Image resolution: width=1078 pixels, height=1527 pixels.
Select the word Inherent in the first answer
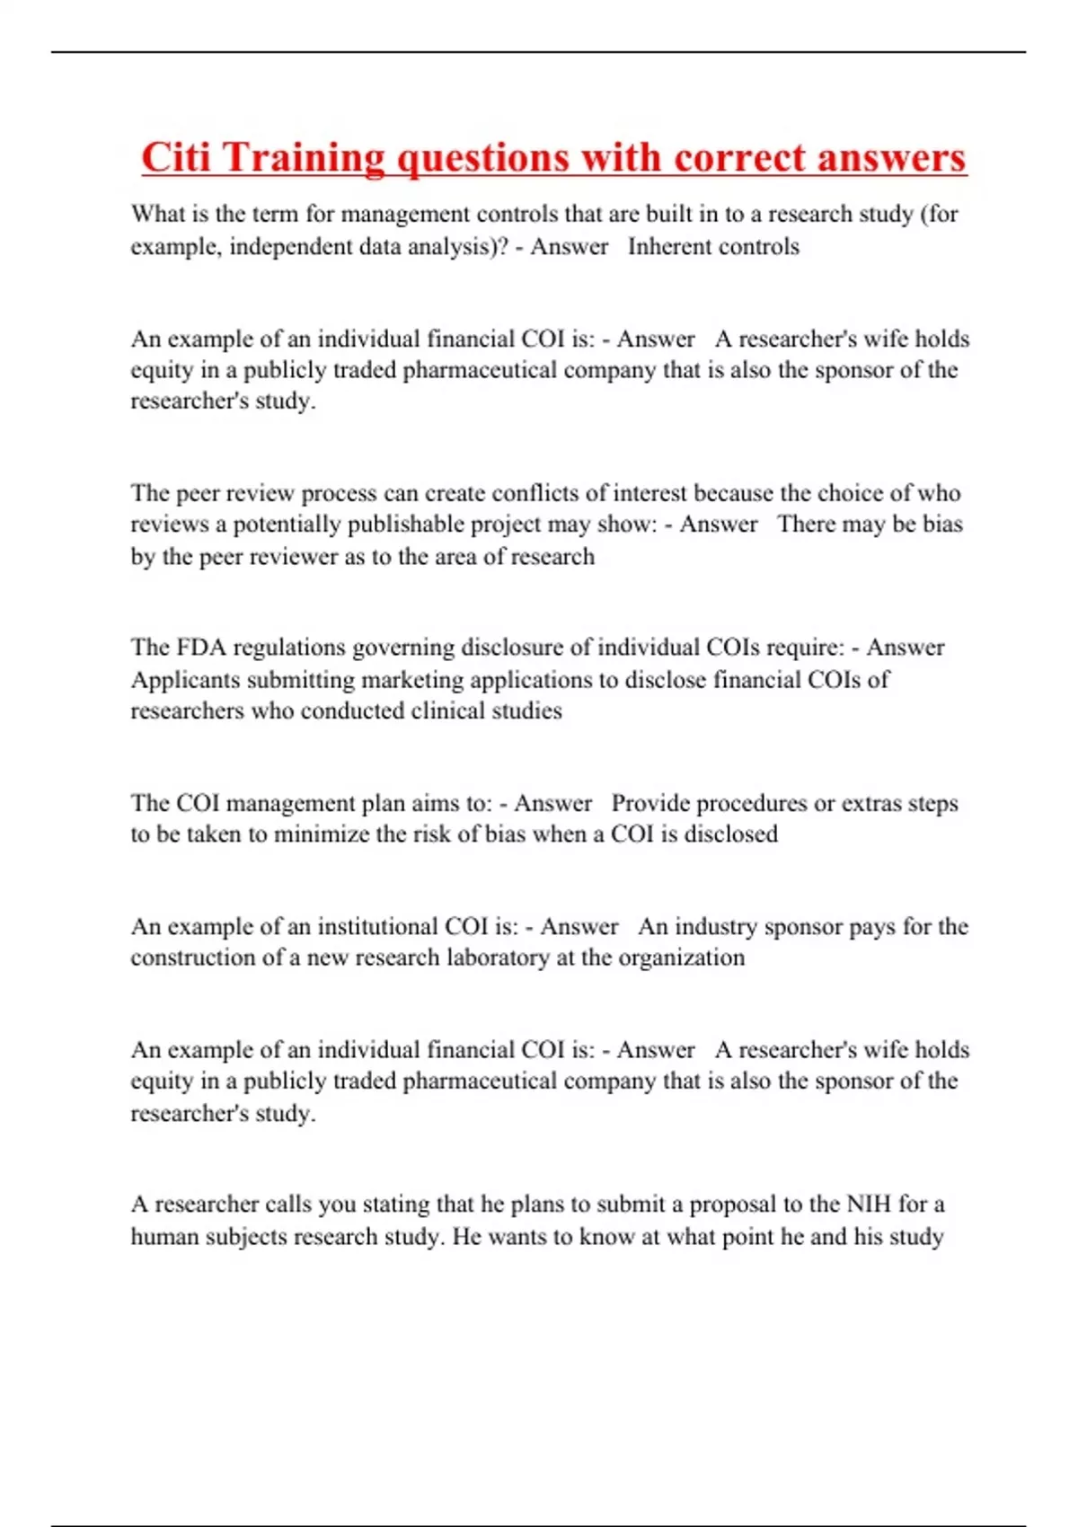point(667,246)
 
